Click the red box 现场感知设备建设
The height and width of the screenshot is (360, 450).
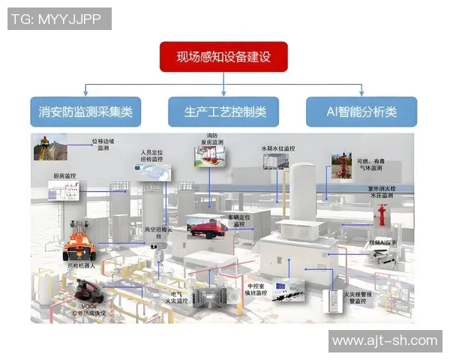[x=223, y=57]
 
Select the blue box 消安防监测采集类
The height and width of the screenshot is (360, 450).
[x=85, y=112]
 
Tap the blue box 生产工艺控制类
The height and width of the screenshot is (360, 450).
[x=223, y=112]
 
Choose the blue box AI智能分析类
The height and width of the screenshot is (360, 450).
[x=361, y=112]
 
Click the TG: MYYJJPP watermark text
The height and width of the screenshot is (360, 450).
[x=59, y=19]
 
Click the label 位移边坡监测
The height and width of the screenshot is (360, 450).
[x=103, y=144]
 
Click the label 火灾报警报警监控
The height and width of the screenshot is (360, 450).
[x=360, y=298]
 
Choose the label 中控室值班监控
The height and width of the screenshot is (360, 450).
[x=256, y=288]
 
